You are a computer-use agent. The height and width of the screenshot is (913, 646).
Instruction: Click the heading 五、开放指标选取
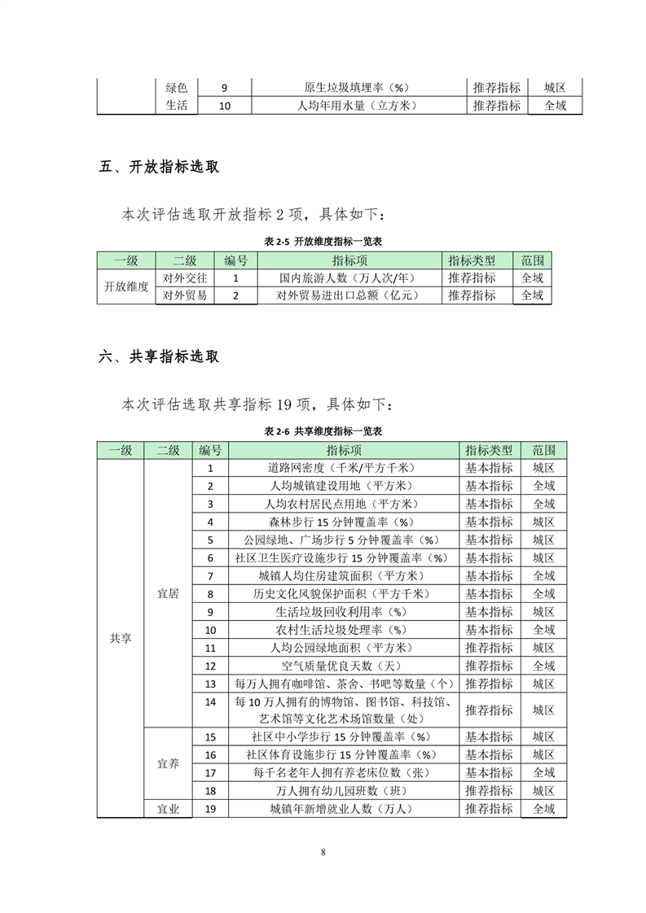click(x=159, y=168)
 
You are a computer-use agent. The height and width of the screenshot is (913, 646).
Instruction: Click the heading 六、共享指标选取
click(x=159, y=356)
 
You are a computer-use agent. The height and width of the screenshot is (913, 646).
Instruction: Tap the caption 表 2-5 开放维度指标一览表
click(x=323, y=242)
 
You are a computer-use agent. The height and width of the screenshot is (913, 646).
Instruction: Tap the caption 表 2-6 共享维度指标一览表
click(x=323, y=430)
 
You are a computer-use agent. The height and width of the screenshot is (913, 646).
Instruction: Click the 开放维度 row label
click(x=126, y=286)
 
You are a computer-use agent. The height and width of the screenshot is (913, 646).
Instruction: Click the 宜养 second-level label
click(x=168, y=764)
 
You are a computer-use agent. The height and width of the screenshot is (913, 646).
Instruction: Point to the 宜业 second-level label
click(x=168, y=809)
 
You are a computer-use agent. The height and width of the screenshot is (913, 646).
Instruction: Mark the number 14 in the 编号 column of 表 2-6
click(x=211, y=701)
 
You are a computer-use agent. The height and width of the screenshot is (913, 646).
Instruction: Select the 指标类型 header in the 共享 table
click(x=489, y=450)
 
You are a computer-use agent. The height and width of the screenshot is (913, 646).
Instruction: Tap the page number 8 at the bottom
click(x=323, y=852)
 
